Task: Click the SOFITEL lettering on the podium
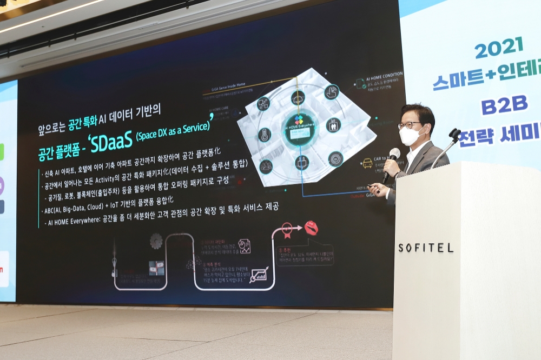click(426, 248)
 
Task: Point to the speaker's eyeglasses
click(410, 125)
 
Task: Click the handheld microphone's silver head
click(394, 154)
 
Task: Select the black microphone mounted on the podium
click(454, 134)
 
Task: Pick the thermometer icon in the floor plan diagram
click(265, 135)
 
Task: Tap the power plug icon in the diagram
click(302, 162)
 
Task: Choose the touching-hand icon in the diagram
click(332, 91)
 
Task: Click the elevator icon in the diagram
click(333, 125)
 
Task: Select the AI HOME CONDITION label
click(385, 75)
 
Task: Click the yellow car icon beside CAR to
click(367, 163)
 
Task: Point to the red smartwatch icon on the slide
click(311, 228)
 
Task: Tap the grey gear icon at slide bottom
click(156, 241)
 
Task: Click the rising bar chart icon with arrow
click(259, 274)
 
